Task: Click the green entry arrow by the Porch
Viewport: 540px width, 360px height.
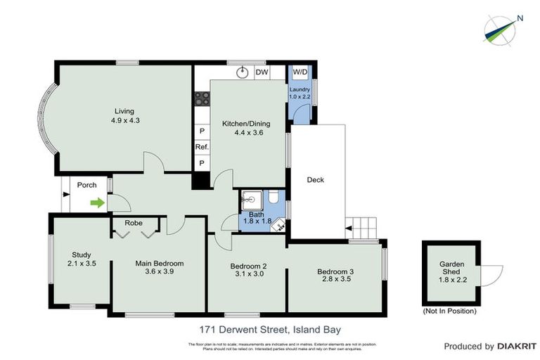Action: point(97,203)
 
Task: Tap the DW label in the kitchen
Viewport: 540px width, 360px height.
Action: point(262,72)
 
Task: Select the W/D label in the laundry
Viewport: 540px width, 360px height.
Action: point(300,72)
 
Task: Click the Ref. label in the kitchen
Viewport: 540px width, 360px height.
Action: point(202,147)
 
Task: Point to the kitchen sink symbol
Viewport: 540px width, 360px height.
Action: point(243,72)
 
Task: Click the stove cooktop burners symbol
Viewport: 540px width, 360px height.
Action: point(202,99)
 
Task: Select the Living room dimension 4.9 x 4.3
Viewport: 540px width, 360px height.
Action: point(125,120)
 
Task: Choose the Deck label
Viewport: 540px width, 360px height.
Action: point(316,180)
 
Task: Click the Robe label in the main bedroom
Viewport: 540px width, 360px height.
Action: point(134,223)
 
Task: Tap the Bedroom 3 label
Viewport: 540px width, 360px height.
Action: point(334,271)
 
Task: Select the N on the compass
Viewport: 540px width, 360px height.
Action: point(519,18)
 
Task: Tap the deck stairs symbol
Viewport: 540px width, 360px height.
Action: point(365,228)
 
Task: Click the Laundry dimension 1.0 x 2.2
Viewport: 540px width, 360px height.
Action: point(300,97)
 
